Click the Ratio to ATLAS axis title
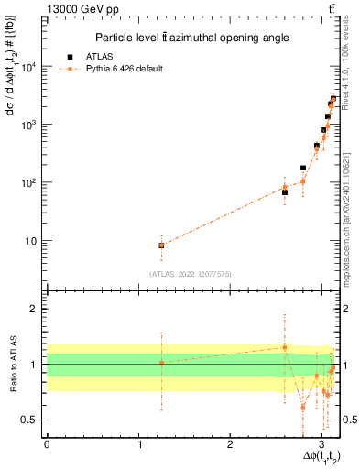[12, 365]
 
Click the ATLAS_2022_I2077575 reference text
[190, 274]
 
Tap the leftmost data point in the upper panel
[161, 245]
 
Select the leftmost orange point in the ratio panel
[161, 363]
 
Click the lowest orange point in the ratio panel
[303, 407]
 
